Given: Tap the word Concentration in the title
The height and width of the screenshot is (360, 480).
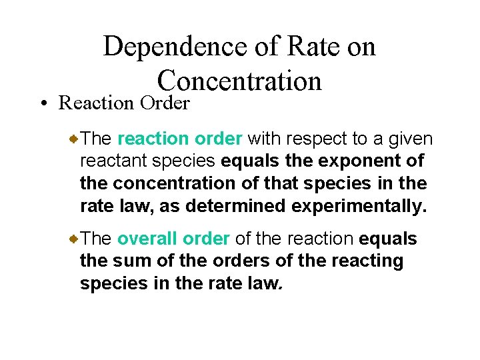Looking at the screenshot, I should point(239,81).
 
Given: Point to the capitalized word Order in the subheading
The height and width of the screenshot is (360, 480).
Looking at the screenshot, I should point(165,103).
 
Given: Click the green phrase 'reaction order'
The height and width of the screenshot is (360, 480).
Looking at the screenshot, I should point(179,139).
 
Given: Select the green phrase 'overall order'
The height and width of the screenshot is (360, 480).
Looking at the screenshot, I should point(173,239).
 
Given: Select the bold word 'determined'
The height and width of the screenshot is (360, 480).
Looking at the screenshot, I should point(236,206).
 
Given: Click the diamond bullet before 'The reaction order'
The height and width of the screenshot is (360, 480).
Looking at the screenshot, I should point(75,139).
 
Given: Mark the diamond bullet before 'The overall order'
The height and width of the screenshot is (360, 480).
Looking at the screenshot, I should point(75,238).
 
